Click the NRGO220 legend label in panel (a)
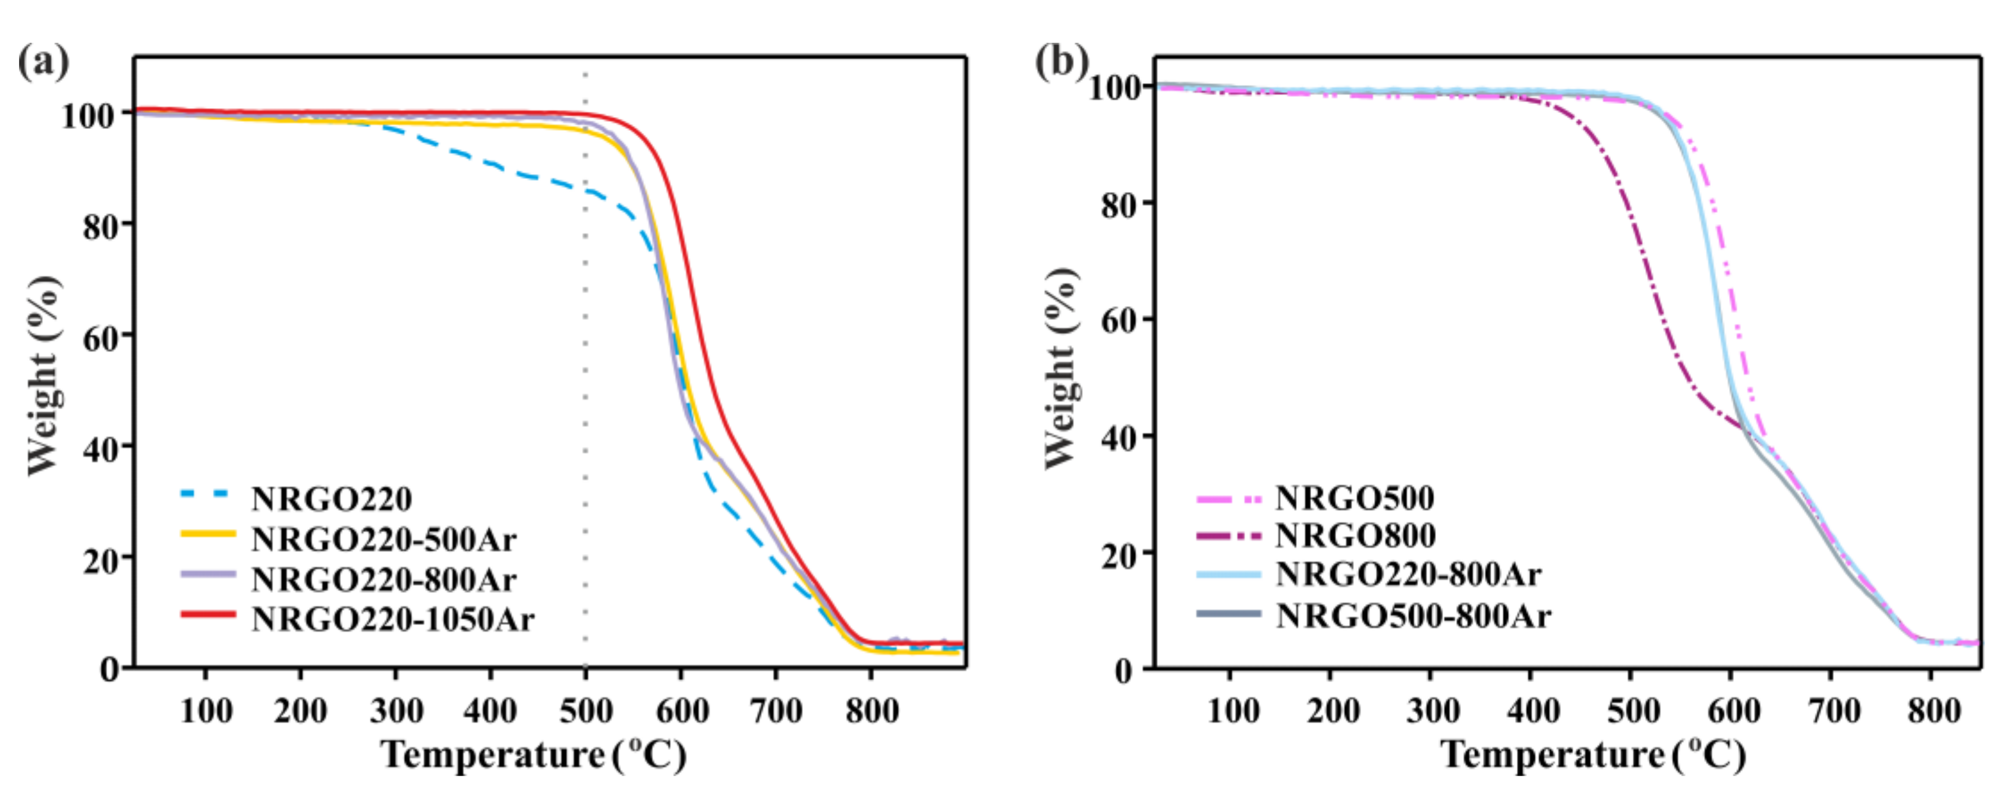pos(331,499)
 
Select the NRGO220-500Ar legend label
pos(383,539)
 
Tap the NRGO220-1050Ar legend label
pos(392,619)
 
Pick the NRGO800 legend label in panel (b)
pos(1355,535)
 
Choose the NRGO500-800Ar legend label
pos(1413,616)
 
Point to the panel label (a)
pos(43,61)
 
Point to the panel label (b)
pos(1060,60)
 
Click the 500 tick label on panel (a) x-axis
pos(585,710)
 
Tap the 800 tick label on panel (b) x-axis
pos(1933,710)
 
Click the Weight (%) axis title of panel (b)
pos(1060,370)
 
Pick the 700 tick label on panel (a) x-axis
pos(776,710)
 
